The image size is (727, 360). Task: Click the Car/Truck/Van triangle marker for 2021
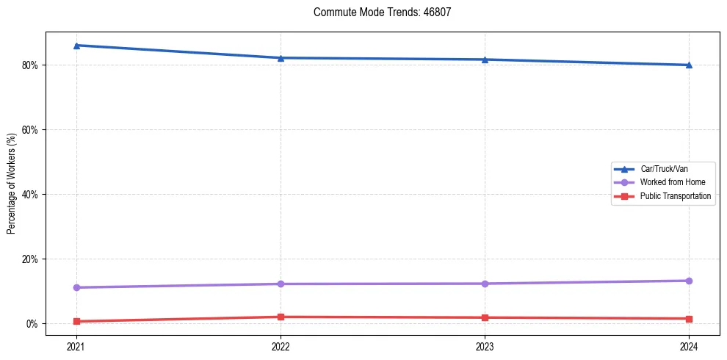tap(76, 46)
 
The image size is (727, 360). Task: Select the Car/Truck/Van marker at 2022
tap(281, 58)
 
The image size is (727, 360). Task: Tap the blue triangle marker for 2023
tap(485, 60)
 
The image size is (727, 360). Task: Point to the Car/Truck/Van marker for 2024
tap(689, 65)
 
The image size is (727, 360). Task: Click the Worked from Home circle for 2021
tap(76, 287)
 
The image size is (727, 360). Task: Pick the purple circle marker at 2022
tap(281, 284)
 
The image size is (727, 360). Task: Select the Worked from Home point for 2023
tap(485, 284)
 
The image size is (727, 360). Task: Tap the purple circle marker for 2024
tap(689, 281)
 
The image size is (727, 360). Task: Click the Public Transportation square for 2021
tap(76, 321)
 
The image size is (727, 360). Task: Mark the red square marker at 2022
tap(281, 317)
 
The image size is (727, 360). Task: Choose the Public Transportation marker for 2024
tap(689, 319)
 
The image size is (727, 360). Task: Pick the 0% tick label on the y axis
tap(32, 323)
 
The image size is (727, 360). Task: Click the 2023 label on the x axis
tap(485, 345)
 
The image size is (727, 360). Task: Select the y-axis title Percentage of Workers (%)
tap(11, 184)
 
